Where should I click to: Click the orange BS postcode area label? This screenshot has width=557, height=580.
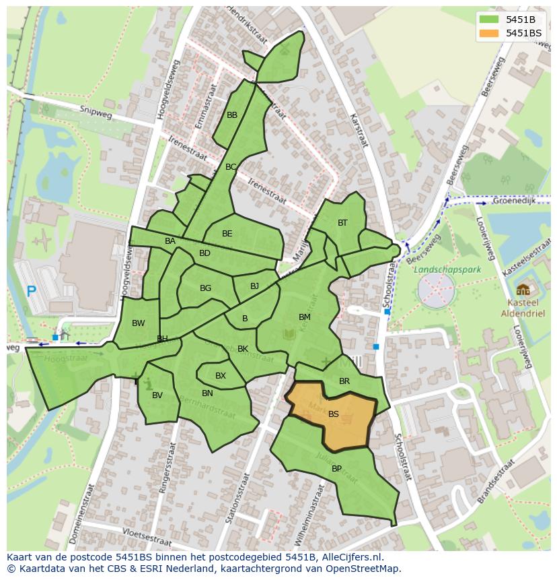coord(334,415)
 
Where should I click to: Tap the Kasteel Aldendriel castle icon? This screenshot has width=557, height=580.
coord(523,290)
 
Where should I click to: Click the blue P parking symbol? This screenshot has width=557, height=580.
coord(31,292)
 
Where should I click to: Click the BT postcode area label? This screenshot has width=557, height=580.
coord(342,223)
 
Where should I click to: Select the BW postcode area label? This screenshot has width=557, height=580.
coord(138,323)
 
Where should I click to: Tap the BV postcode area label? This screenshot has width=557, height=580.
coord(157,395)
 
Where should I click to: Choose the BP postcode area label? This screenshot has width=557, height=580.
coord(336,469)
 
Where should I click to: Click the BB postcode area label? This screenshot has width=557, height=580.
coord(232,115)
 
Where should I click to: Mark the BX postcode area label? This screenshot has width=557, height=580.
coord(221,376)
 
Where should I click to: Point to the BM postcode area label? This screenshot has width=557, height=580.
coord(305,317)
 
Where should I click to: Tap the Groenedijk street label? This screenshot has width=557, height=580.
coord(513,201)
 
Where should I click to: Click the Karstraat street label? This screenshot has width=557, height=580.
coord(359,128)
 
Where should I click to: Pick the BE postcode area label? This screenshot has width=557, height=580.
coord(227,234)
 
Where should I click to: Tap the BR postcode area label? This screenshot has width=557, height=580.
coord(344,381)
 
